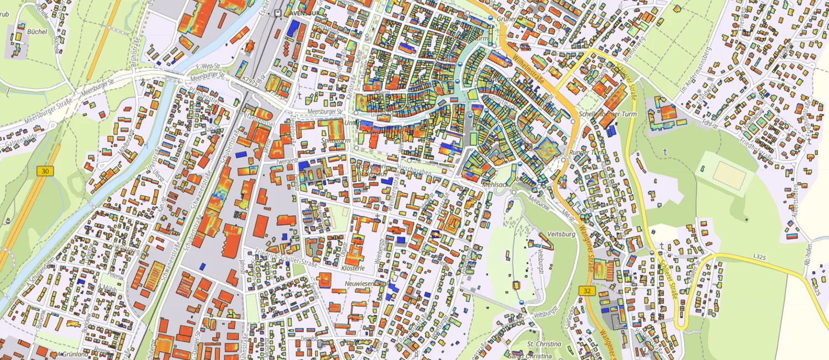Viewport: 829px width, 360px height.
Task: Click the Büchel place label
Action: click(36, 32)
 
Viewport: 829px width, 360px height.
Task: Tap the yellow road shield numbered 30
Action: click(44, 172)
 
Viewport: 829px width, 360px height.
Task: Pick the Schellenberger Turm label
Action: click(607, 114)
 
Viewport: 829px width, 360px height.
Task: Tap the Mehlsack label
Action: click(494, 184)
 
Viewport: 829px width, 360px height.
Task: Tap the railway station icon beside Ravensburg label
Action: click(276, 12)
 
